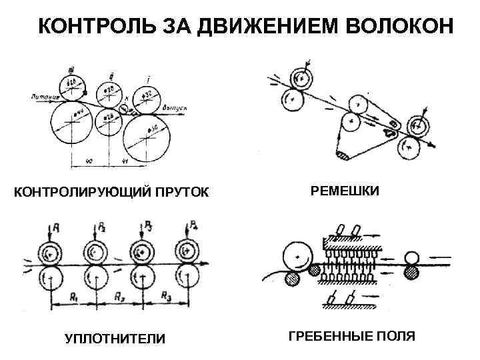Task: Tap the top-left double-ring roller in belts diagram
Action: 301,79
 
